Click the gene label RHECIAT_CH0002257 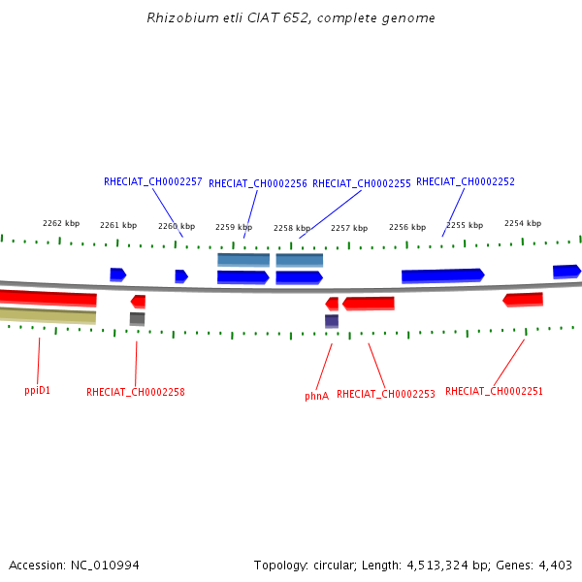[x=153, y=181]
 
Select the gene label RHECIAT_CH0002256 [x=258, y=183]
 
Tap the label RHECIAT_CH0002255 [x=362, y=183]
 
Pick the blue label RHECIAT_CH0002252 [x=466, y=181]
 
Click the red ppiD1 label [x=37, y=390]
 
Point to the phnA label [x=316, y=396]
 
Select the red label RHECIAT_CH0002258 [x=136, y=392]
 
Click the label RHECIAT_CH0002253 [x=386, y=394]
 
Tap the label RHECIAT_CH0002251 [x=494, y=391]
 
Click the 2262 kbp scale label [x=61, y=223]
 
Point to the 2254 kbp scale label [x=523, y=223]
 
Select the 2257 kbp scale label [x=349, y=228]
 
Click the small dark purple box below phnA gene [x=332, y=321]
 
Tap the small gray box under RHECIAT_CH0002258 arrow [x=138, y=319]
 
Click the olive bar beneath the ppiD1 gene [x=48, y=315]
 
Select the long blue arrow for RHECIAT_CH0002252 [x=443, y=275]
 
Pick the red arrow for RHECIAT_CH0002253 [x=369, y=304]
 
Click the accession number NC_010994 [x=105, y=565]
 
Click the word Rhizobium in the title [x=182, y=17]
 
